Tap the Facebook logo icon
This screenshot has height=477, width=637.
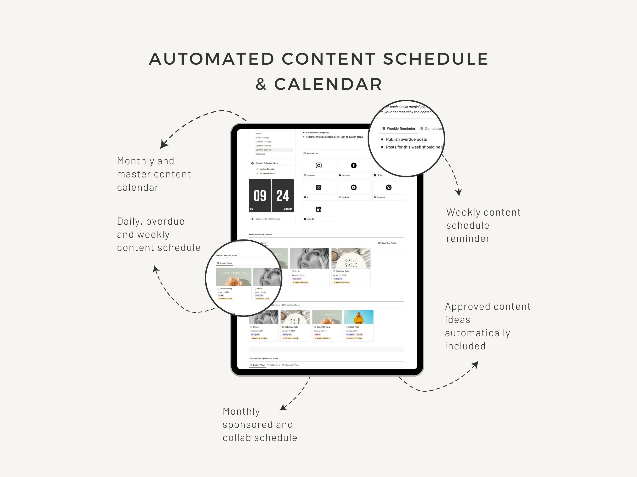[x=354, y=166]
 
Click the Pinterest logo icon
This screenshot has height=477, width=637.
[x=388, y=187]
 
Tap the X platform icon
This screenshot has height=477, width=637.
[x=319, y=187]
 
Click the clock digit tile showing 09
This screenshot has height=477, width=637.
[x=260, y=196]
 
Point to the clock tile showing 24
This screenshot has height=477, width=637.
[x=283, y=196]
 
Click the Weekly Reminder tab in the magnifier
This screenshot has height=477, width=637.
[x=399, y=129]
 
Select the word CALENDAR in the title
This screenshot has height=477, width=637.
[x=328, y=84]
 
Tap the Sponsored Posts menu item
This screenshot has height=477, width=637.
[x=267, y=174]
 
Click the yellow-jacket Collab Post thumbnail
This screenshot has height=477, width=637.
[x=359, y=317]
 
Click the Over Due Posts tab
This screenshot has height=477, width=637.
[x=388, y=243]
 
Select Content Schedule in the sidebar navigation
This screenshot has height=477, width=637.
[x=264, y=150]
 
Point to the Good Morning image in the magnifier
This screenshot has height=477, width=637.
[x=234, y=277]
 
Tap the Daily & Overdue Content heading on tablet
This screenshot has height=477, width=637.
[x=261, y=235]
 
